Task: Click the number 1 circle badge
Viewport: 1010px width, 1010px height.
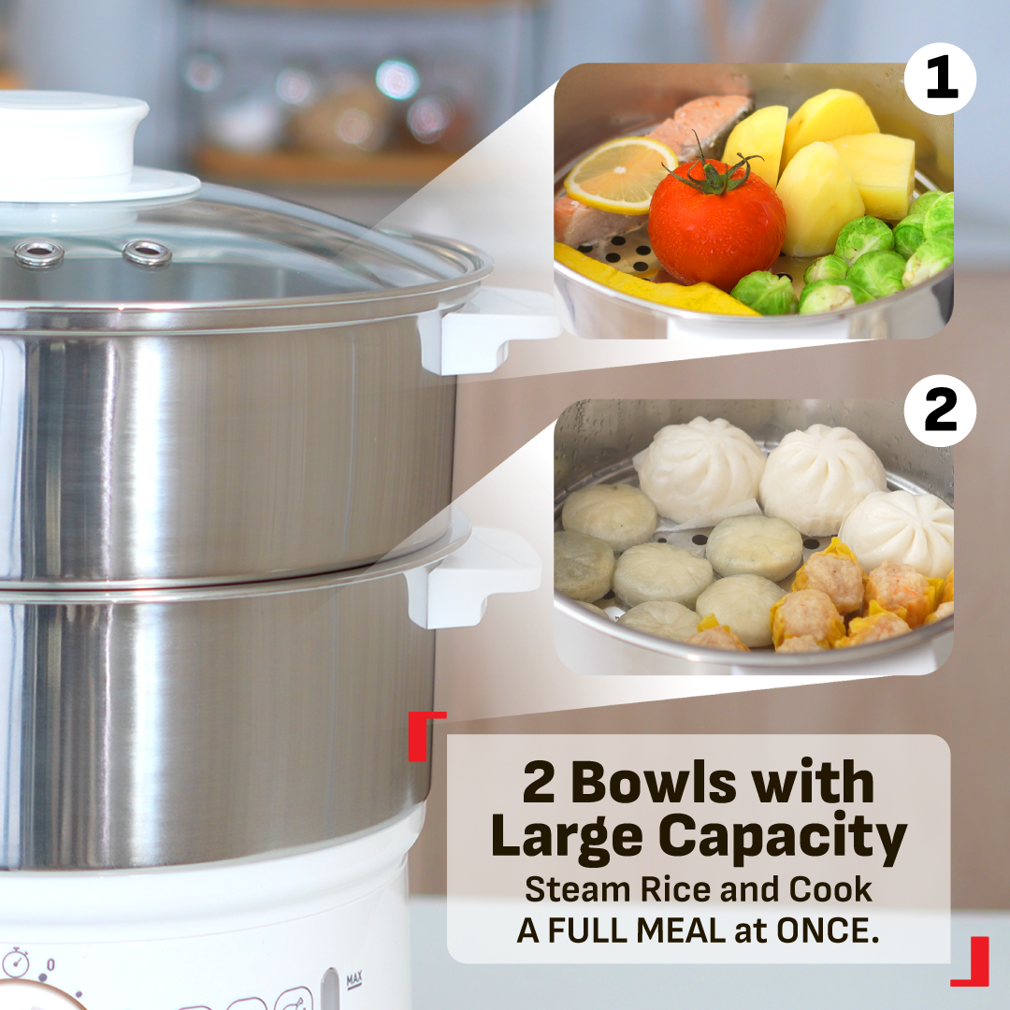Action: tap(940, 81)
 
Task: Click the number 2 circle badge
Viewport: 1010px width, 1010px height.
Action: tap(940, 411)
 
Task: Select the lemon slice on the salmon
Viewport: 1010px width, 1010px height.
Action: tap(620, 174)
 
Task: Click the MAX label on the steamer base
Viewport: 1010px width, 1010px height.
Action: tap(354, 980)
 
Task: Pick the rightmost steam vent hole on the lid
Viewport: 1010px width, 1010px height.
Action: tap(147, 252)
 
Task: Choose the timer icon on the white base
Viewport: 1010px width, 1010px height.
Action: tap(15, 963)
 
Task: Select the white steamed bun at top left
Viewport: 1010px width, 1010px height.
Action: tap(700, 468)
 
